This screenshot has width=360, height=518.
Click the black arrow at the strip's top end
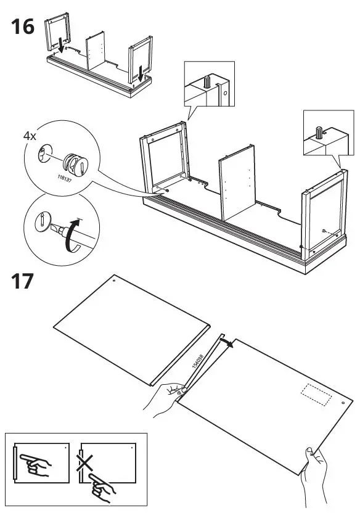click(x=228, y=345)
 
